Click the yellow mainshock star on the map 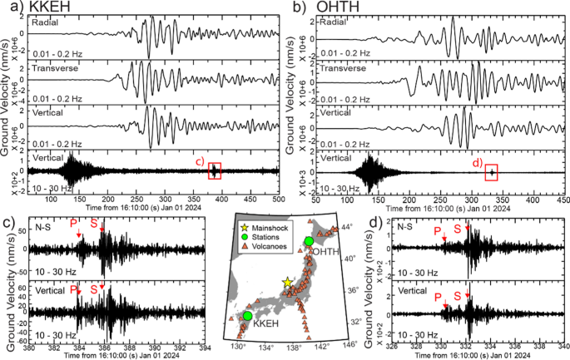coord(288,283)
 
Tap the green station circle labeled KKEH coord(247,317)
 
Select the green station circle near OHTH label coord(308,241)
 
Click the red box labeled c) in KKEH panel coord(215,171)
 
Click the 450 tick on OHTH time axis coord(563,200)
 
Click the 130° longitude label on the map coord(239,346)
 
